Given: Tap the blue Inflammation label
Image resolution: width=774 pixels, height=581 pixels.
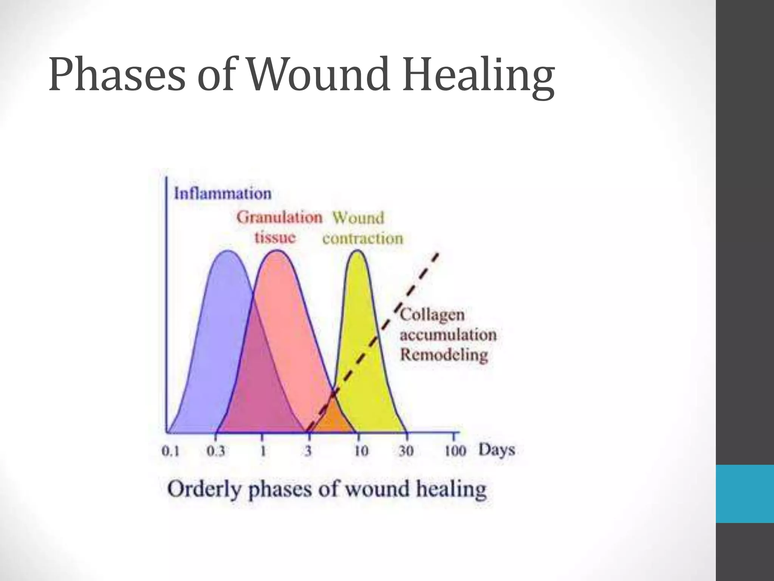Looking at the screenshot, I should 222,194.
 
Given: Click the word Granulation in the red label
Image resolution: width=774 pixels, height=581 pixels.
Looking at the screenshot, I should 279,218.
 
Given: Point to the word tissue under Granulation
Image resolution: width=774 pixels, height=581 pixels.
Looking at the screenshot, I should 275,238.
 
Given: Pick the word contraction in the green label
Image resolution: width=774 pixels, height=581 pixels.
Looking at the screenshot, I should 362,239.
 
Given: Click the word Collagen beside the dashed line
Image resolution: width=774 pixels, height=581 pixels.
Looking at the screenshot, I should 432,315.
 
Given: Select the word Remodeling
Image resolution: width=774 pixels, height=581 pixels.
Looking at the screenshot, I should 444,355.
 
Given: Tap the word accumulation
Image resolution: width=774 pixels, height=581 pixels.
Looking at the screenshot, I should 448,335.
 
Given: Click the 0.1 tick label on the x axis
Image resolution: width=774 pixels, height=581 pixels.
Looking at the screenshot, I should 170,451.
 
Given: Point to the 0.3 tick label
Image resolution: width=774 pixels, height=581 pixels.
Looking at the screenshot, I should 216,451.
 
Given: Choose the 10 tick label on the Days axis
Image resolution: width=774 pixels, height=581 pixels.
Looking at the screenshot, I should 361,451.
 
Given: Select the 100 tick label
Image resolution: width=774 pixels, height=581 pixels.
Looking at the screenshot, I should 455,451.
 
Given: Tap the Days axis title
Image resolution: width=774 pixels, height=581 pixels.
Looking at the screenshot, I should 497,450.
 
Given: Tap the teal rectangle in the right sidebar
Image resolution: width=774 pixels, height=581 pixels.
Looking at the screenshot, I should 745,494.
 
